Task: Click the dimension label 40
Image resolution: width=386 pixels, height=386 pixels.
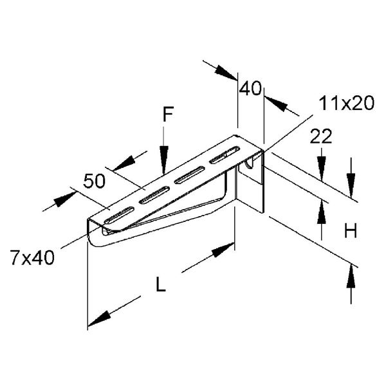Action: coord(250,88)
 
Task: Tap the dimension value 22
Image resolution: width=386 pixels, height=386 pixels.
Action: coord(320,136)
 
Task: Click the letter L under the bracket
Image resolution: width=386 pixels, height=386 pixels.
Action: coord(161,284)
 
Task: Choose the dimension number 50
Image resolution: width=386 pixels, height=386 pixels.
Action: coord(94,181)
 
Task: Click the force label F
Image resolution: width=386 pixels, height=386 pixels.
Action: coord(167,116)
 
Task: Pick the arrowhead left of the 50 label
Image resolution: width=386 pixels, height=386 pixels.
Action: coord(62,200)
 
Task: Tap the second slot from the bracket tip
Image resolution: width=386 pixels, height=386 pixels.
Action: coord(154,194)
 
